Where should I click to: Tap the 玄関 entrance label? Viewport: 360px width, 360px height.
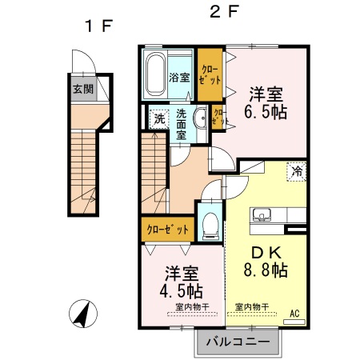(x=82, y=89)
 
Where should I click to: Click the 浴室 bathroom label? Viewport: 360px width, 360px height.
(x=180, y=78)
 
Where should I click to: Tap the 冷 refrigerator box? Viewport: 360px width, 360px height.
(x=298, y=170)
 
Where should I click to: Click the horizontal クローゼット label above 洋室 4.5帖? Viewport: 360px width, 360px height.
(x=167, y=230)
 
